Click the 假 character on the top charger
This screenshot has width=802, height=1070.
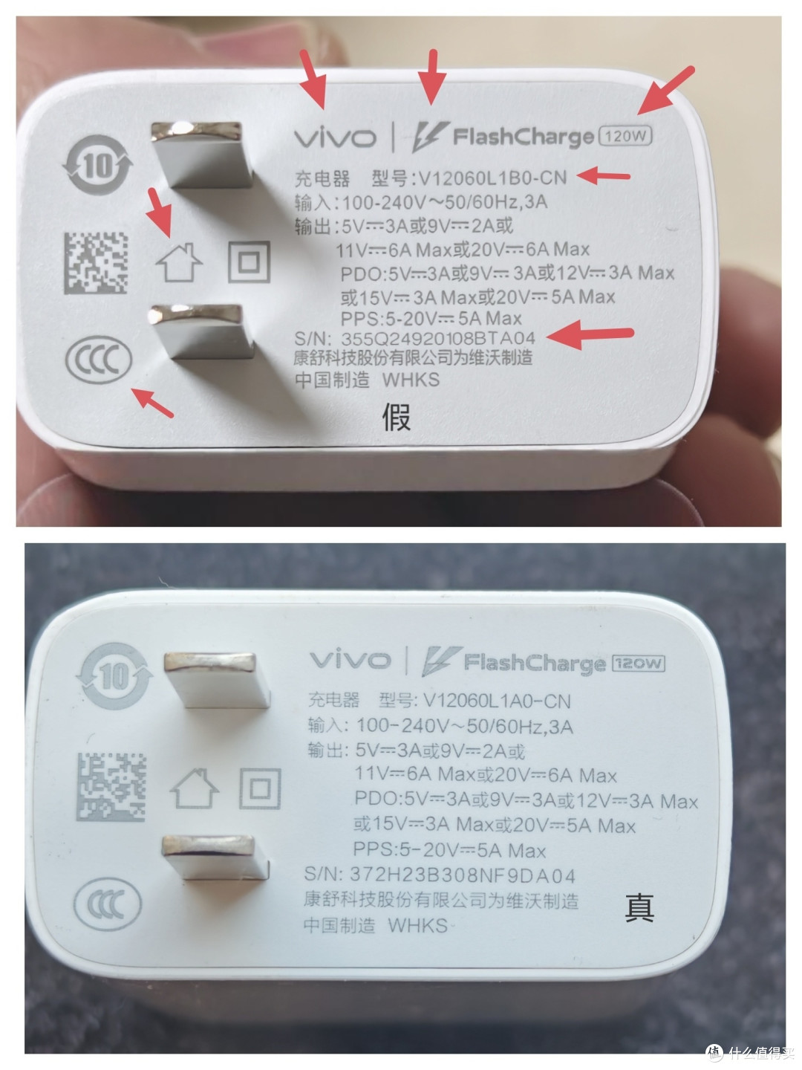(x=396, y=417)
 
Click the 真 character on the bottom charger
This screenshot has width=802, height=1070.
(x=639, y=907)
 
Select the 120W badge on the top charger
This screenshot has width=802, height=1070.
(x=627, y=135)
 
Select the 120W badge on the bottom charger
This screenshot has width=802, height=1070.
(x=638, y=664)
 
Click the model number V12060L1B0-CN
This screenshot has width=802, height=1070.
(x=492, y=178)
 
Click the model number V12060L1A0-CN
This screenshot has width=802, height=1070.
(x=496, y=701)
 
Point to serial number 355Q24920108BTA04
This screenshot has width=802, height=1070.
(x=437, y=338)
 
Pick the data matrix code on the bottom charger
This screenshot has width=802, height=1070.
(x=111, y=787)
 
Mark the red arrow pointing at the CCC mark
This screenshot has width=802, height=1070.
(x=152, y=401)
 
